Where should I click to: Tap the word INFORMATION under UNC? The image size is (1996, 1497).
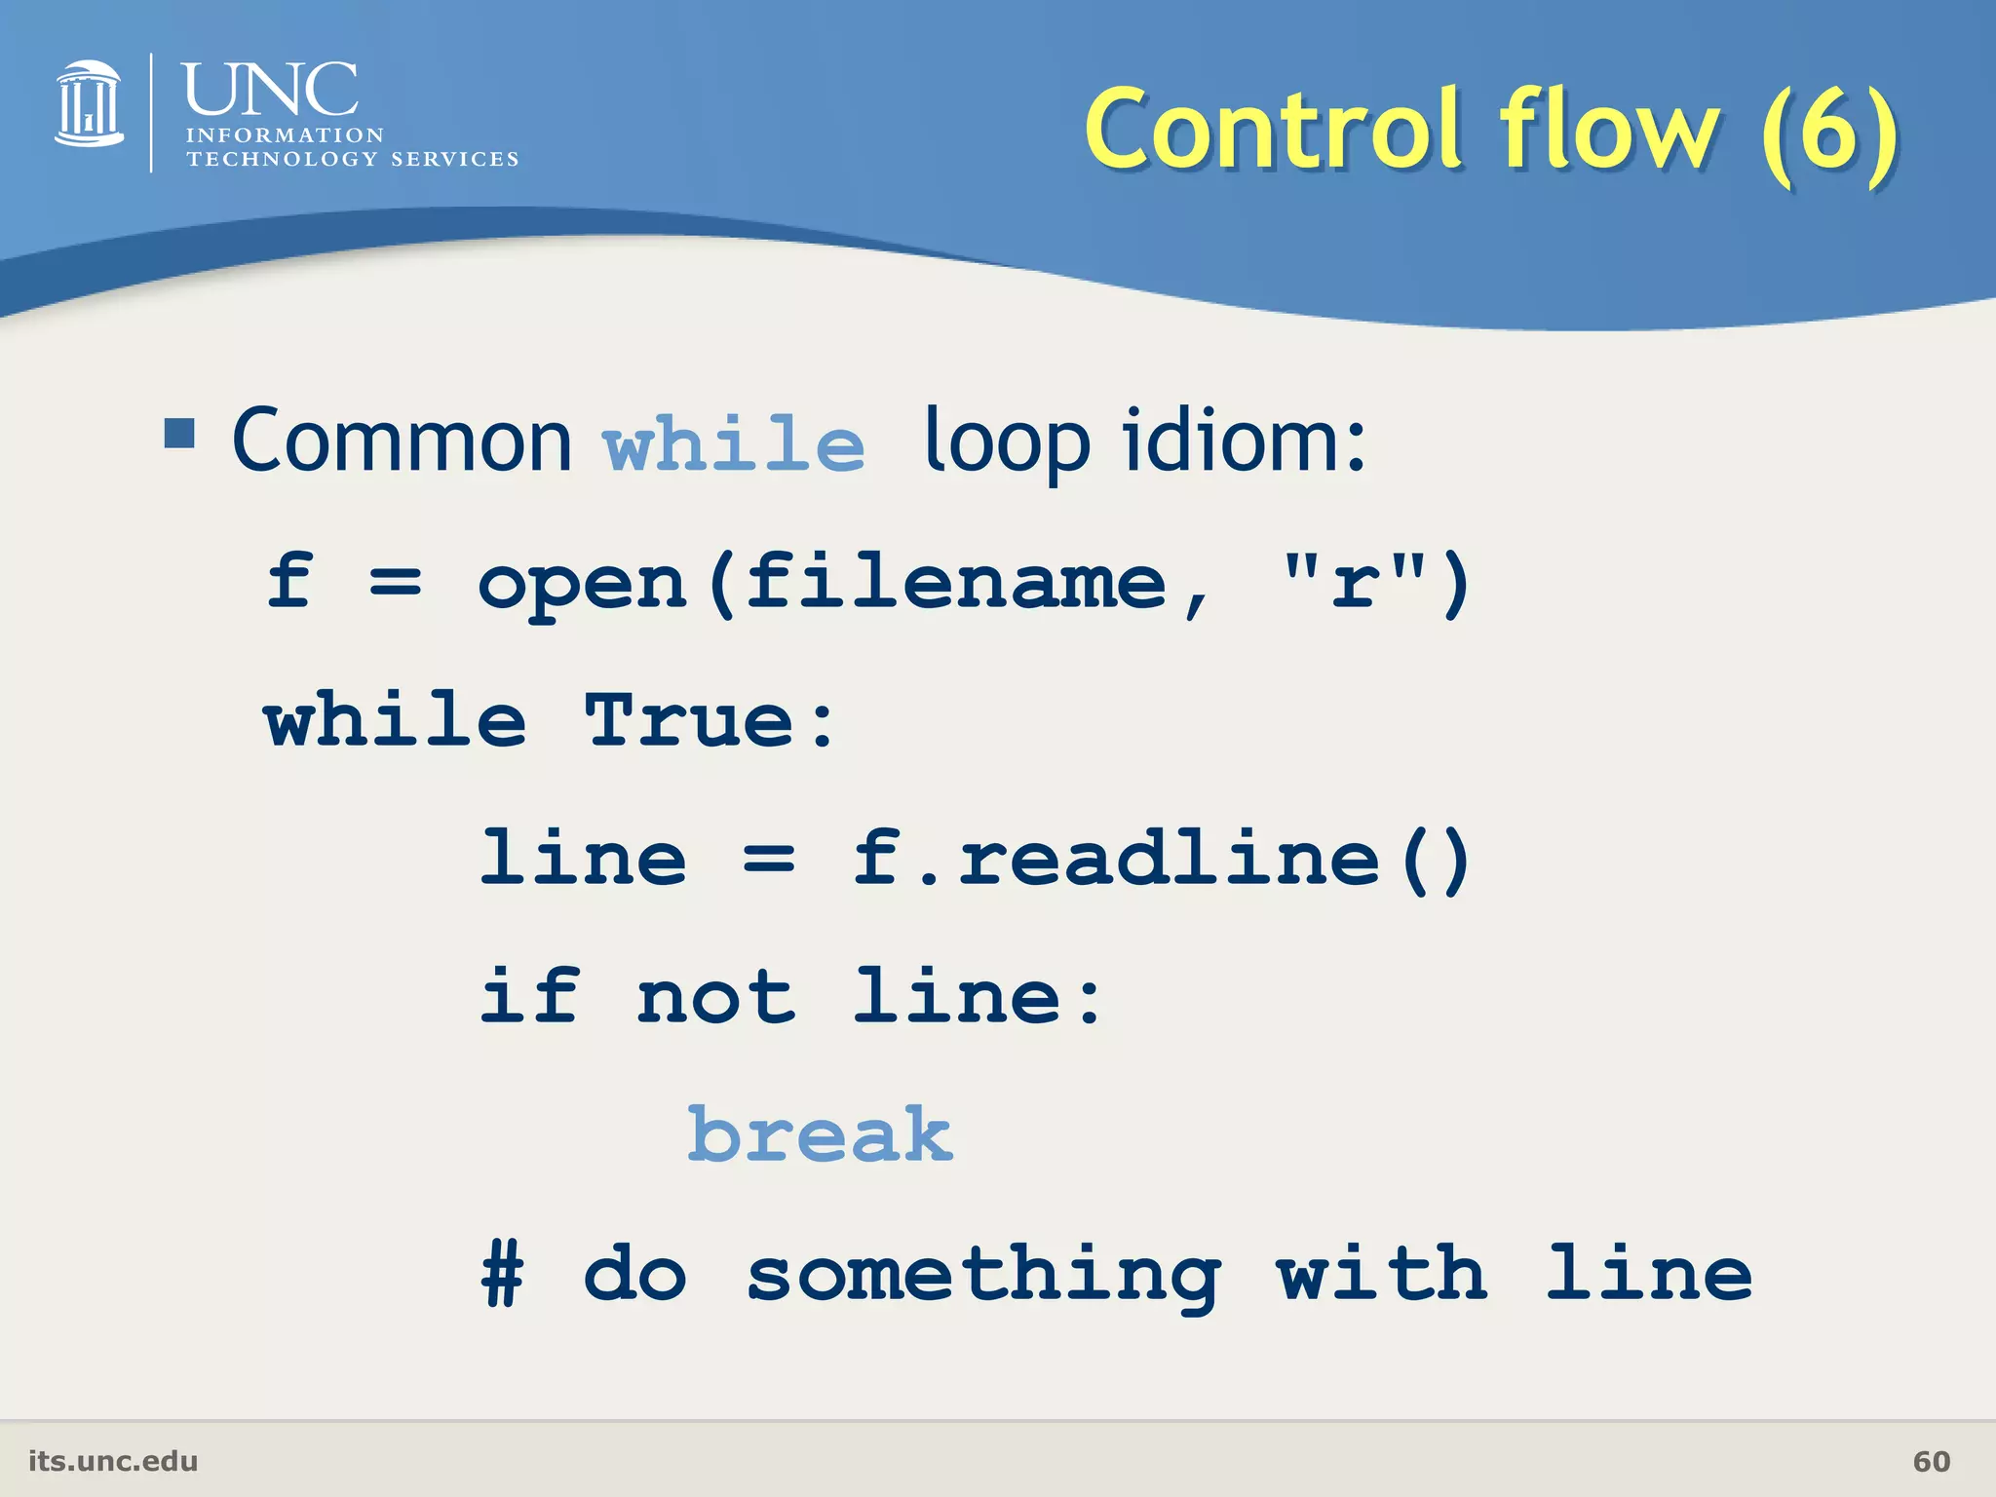(286, 135)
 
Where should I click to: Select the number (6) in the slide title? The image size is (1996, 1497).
(1830, 130)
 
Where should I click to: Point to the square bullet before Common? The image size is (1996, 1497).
(179, 432)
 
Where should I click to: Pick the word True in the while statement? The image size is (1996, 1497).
(690, 720)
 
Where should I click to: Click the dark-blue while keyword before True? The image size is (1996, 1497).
(395, 720)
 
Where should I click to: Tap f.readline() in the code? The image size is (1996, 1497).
(1162, 859)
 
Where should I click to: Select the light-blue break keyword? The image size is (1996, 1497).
(820, 1134)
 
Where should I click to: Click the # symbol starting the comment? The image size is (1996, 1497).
(503, 1274)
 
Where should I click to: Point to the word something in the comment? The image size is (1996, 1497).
(983, 1276)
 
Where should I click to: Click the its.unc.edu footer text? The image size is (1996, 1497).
(113, 1461)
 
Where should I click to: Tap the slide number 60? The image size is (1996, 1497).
(1931, 1461)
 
